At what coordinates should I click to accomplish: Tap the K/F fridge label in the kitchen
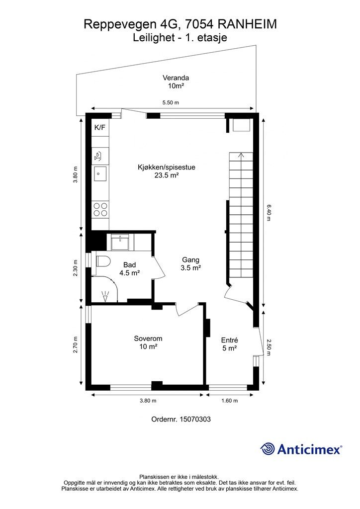tap(99, 128)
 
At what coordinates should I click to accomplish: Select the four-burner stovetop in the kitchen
tap(100, 209)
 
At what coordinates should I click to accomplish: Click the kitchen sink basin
tap(100, 173)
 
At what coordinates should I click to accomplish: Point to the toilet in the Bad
tap(103, 261)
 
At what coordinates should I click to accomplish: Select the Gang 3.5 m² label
tap(190, 264)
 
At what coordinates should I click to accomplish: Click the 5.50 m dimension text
tap(171, 102)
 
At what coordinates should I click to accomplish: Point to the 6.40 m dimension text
tap(269, 213)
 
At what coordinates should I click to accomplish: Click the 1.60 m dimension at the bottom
tap(230, 401)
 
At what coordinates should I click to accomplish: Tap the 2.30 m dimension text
tap(75, 268)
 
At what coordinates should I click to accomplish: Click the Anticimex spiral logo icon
tap(268, 449)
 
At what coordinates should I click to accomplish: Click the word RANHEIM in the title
tap(247, 24)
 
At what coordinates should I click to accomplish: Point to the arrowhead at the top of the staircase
tap(241, 155)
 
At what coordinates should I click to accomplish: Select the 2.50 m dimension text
tap(269, 347)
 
